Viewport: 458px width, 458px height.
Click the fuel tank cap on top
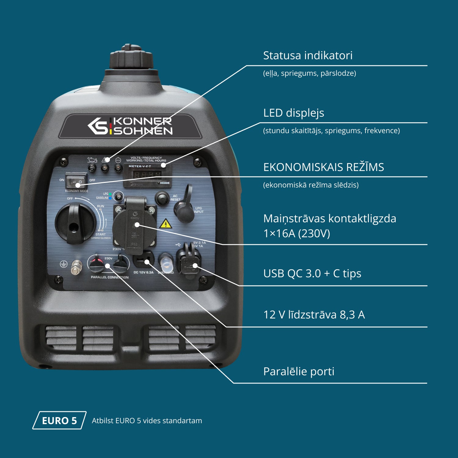131,58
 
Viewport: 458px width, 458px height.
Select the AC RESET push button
162,198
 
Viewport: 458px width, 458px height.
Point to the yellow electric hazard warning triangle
165,224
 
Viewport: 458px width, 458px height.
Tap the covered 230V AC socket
134,226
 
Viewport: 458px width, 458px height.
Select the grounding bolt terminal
76,267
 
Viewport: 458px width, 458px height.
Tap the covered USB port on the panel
189,261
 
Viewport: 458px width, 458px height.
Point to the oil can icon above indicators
92,160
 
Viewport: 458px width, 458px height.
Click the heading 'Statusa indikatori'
308,56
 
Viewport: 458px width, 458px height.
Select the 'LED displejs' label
293,113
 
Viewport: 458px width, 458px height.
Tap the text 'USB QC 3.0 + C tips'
312,274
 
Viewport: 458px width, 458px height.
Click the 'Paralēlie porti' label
299,372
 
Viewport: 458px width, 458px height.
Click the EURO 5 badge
59,420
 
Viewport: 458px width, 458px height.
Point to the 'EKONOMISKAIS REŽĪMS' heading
323,167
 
